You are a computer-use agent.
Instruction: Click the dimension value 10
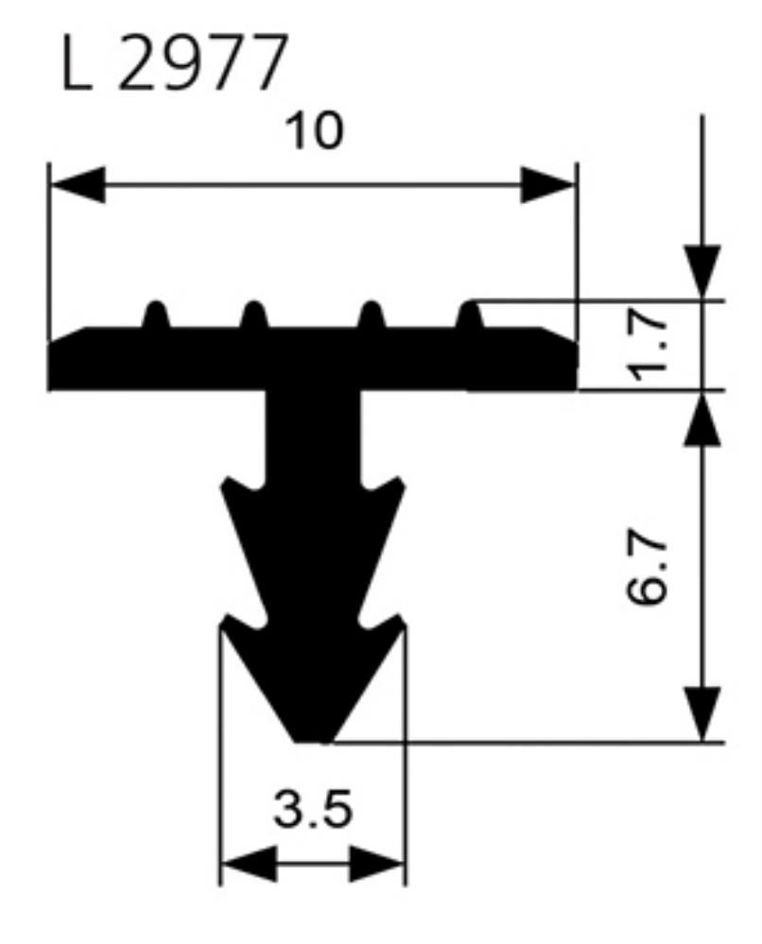314,131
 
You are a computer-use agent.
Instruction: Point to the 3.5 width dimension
313,810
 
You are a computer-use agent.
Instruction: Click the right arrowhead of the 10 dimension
547,185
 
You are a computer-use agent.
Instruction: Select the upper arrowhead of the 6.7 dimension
702,419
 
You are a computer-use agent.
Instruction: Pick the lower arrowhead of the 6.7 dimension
702,715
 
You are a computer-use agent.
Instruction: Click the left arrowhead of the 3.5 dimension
248,863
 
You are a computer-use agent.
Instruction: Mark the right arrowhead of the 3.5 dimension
377,863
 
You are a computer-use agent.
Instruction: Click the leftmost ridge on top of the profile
156,315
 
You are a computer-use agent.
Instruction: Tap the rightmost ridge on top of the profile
471,315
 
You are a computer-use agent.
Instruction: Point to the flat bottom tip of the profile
313,738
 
